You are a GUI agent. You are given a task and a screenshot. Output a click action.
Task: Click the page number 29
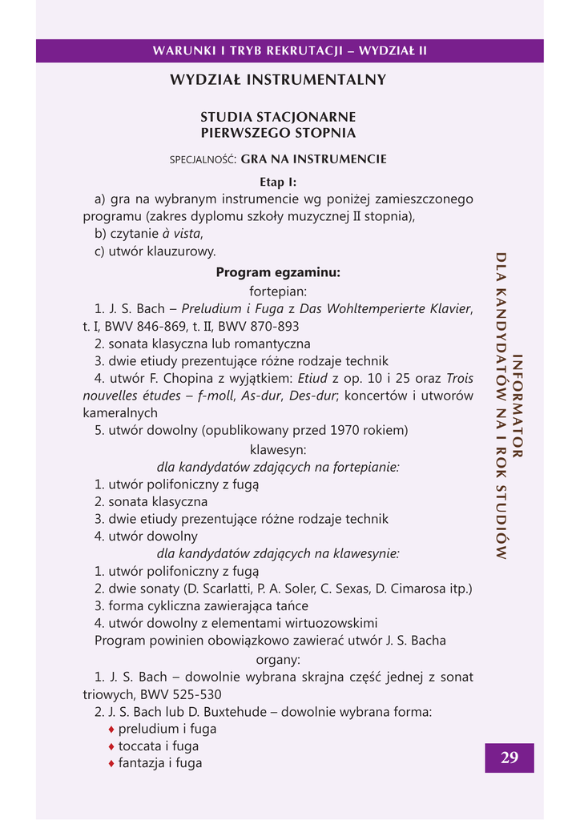pos(510,758)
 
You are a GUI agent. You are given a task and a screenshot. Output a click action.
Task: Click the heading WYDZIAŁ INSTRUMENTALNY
pos(278,80)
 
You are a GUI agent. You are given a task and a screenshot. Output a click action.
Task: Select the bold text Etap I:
pos(278,182)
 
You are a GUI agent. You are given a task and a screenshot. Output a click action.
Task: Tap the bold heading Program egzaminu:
pos(278,273)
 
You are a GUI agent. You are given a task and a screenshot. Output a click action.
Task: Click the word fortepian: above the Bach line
pos(278,291)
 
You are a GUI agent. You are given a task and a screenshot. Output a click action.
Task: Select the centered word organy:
pos(278,660)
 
